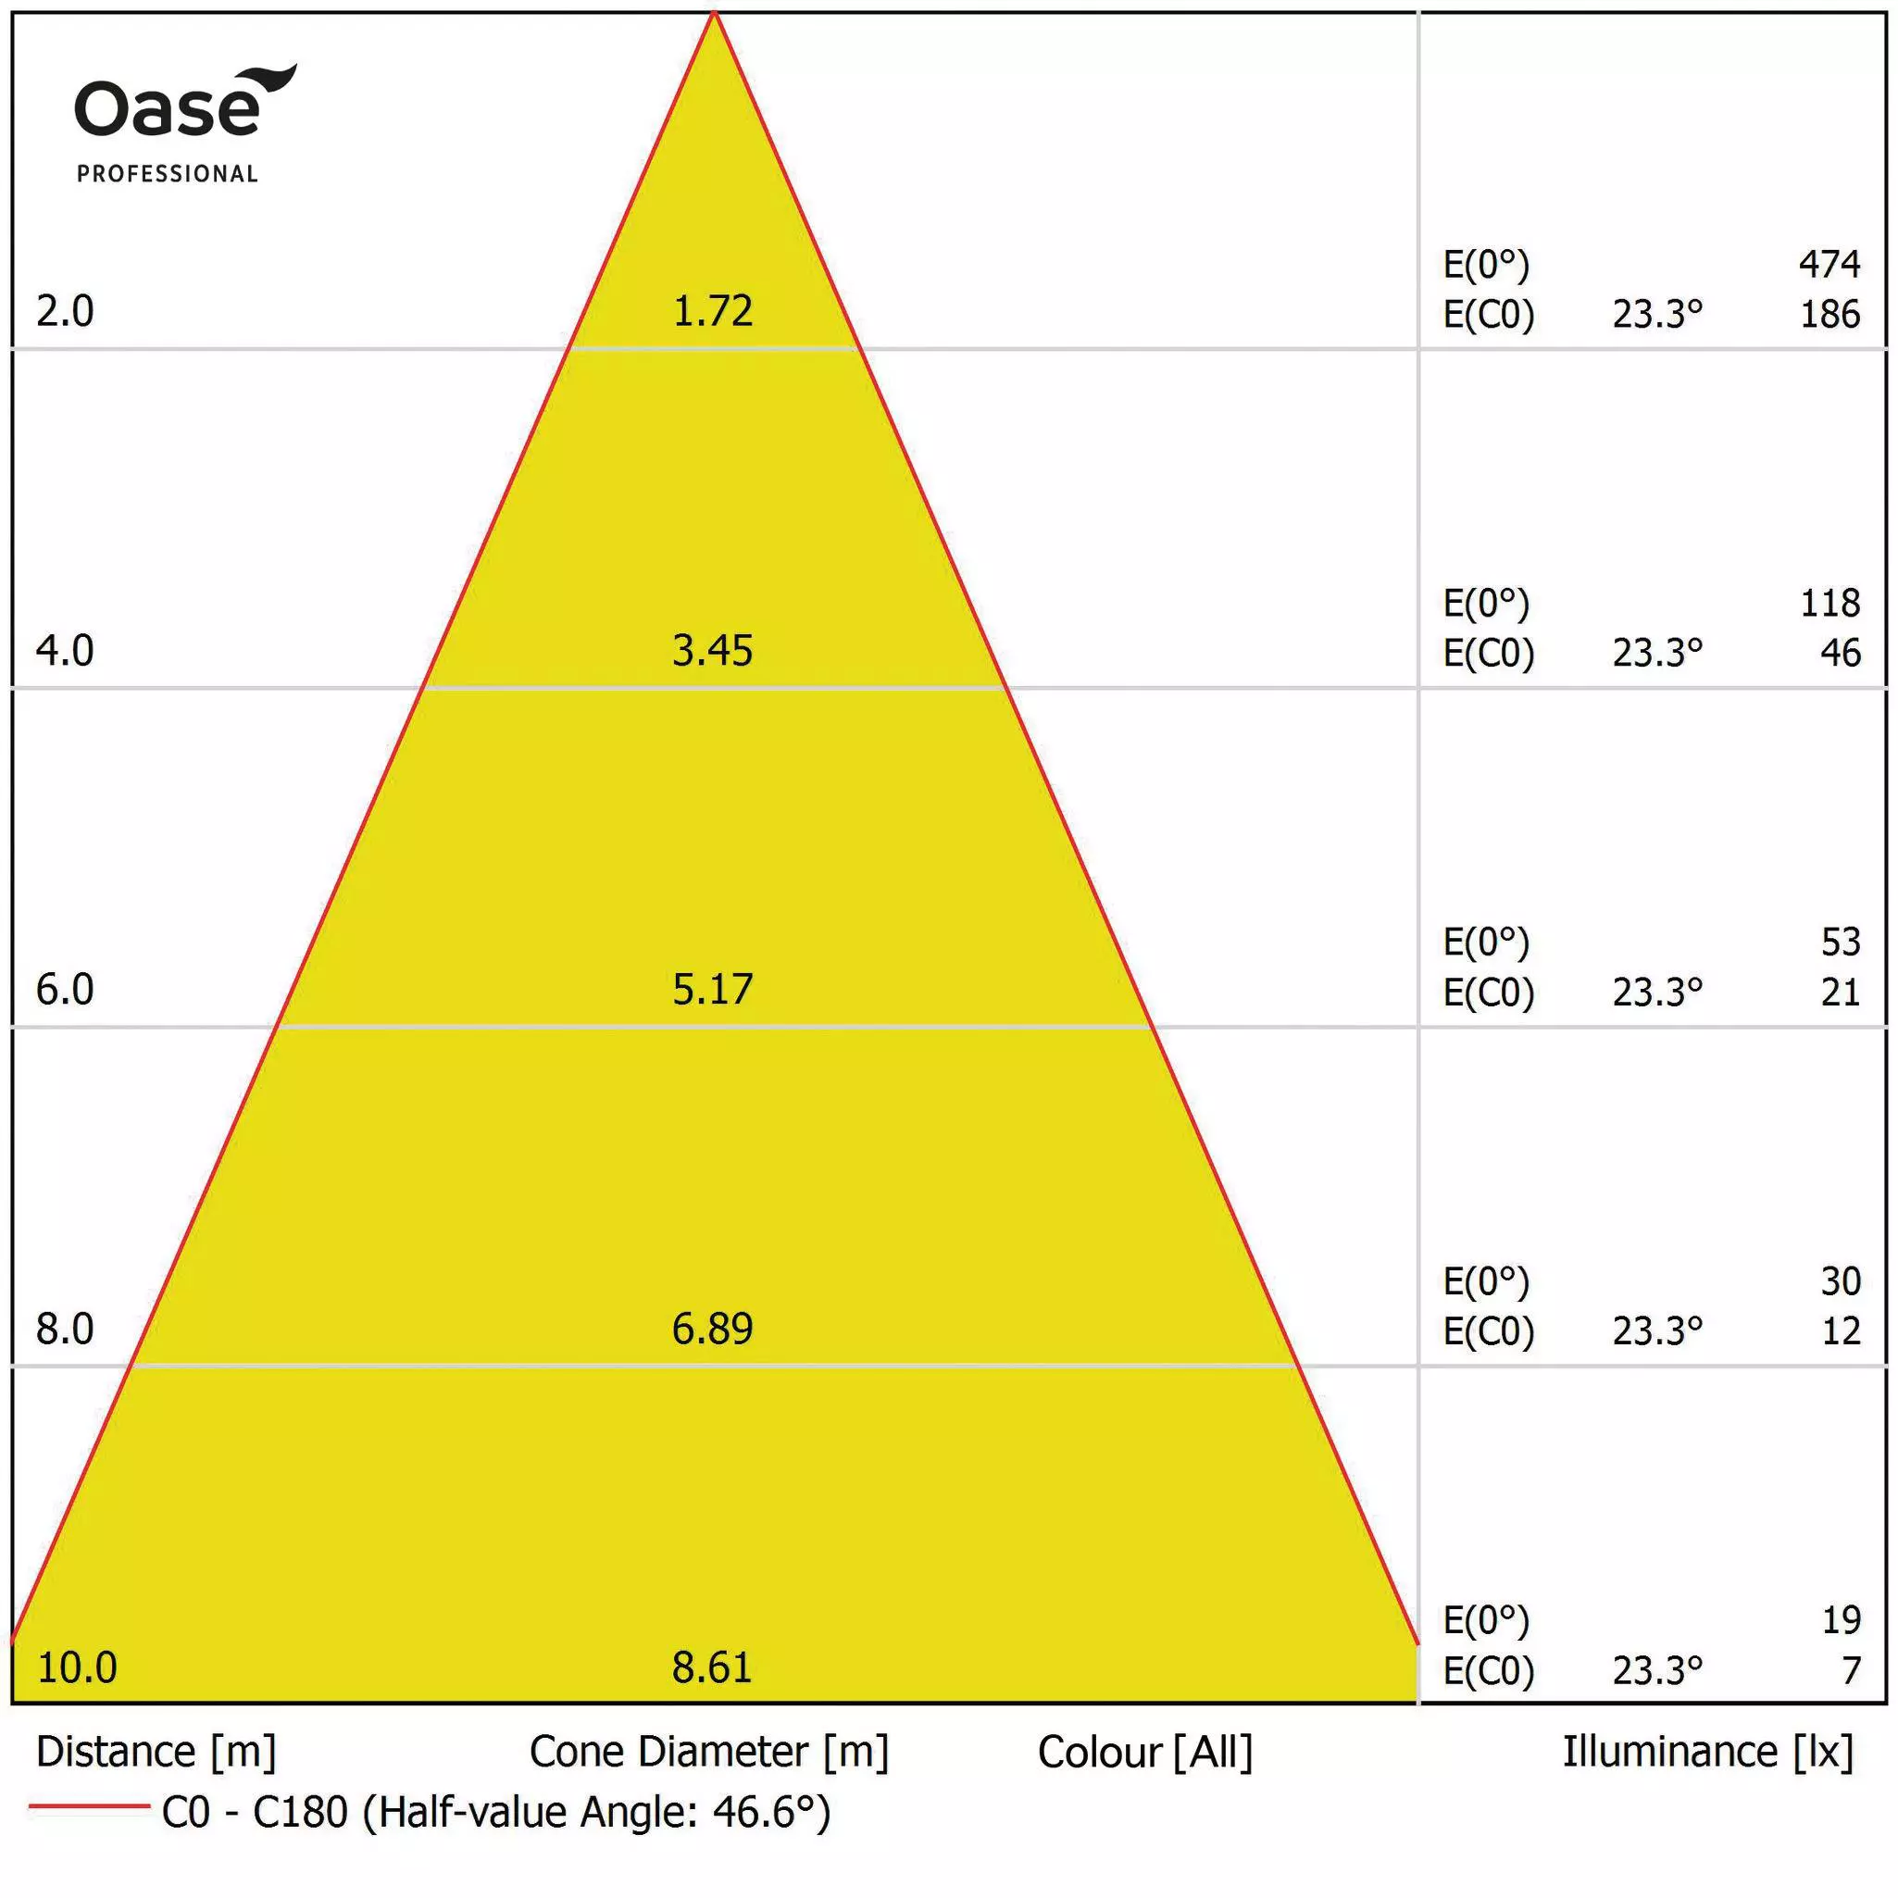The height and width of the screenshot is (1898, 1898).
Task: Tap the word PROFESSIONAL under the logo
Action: pyautogui.click(x=167, y=174)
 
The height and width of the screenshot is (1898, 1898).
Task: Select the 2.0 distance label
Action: pyautogui.click(x=65, y=311)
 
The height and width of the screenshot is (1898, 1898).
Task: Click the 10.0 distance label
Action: pyautogui.click(x=77, y=1667)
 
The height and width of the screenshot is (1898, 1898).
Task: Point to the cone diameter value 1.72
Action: pyautogui.click(x=712, y=311)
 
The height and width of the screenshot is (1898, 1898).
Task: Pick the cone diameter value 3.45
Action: pyautogui.click(x=712, y=650)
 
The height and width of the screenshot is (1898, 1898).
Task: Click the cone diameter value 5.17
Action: pyautogui.click(x=712, y=990)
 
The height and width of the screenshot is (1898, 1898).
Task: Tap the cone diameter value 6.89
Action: pyautogui.click(x=712, y=1329)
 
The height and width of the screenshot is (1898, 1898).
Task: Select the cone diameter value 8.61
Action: pyautogui.click(x=712, y=1667)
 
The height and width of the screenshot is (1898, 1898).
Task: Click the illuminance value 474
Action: pyautogui.click(x=1829, y=263)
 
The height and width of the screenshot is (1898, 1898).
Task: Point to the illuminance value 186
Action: pyautogui.click(x=1829, y=315)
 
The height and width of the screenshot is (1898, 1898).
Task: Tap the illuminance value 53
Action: pyautogui.click(x=1840, y=942)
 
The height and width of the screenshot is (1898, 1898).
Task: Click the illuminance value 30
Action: pyautogui.click(x=1840, y=1280)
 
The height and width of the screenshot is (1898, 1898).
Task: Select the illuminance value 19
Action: pyautogui.click(x=1841, y=1619)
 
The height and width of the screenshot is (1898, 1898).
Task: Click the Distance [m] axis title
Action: pyautogui.click(x=156, y=1752)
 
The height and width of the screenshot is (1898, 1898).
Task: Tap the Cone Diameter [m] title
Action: pyautogui.click(x=708, y=1752)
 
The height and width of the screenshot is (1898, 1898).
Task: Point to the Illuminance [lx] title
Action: pyautogui.click(x=1707, y=1752)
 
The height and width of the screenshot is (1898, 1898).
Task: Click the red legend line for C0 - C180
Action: pyautogui.click(x=88, y=1805)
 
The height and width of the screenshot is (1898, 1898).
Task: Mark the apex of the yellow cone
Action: pyautogui.click(x=714, y=14)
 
